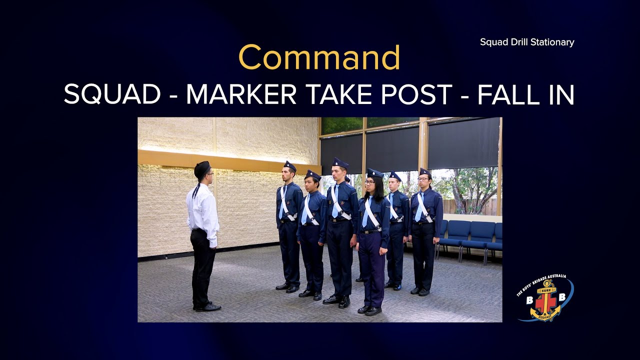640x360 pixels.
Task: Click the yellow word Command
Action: [319, 57]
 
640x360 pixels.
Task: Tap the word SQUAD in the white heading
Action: [112, 94]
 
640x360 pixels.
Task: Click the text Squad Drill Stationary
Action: [527, 42]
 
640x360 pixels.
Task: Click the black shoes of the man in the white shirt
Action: [207, 306]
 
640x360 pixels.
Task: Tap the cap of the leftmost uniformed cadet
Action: [290, 166]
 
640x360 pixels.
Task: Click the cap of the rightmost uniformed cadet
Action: [425, 171]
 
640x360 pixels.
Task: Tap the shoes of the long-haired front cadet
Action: [369, 310]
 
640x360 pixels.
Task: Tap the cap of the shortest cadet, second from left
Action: [313, 174]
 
